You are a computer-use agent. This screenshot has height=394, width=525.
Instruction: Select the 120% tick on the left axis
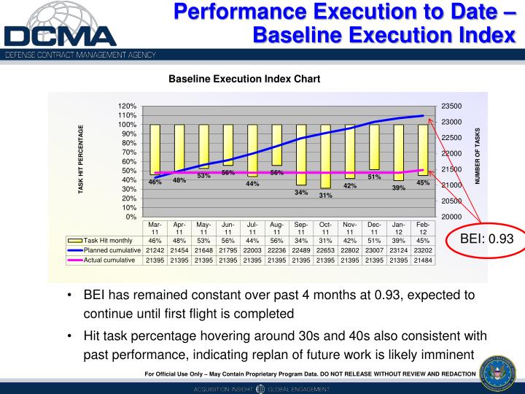point(127,107)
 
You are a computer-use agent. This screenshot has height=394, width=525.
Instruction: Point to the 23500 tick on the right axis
point(451,107)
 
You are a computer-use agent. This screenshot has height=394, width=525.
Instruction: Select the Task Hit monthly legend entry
point(105,240)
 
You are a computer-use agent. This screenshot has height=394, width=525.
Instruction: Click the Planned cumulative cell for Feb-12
point(423,250)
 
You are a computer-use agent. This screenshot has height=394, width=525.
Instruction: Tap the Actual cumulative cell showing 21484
point(423,260)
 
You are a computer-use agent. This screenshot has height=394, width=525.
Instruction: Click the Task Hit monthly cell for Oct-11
point(325,240)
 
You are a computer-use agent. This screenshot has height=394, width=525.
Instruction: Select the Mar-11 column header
point(155,228)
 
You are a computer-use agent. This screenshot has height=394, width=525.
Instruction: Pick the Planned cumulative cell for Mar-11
point(155,250)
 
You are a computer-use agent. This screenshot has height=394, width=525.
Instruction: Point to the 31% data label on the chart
point(325,196)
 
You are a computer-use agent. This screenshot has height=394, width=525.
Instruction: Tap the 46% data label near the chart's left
point(155,182)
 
